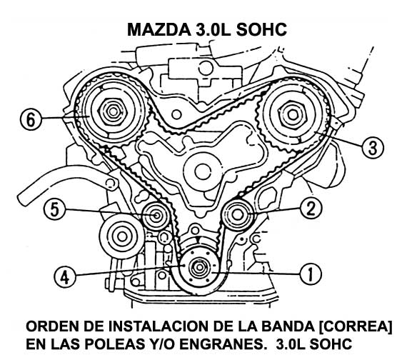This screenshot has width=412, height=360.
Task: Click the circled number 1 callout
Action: coord(311,274)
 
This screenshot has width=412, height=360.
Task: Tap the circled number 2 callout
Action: coord(311,209)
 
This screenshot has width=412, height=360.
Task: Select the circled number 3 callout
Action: coord(373,148)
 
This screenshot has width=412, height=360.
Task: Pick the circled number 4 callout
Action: coord(65,277)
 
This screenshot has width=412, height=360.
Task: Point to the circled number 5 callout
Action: coord(54,210)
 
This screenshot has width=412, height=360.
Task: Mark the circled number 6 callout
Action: coord(31,119)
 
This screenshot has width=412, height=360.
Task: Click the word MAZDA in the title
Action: coord(159,29)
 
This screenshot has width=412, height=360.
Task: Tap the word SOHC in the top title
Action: coord(261,29)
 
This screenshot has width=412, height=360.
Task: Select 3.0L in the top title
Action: coord(213,29)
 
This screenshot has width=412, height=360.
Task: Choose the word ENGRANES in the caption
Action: coord(222,344)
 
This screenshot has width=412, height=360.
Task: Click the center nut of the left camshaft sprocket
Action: coord(114,111)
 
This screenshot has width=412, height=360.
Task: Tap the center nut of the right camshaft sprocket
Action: coord(292,114)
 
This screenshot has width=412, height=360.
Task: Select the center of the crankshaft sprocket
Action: coord(199,267)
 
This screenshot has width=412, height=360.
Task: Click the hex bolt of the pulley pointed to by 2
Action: coord(237,215)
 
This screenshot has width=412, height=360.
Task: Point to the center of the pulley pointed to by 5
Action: coord(156,216)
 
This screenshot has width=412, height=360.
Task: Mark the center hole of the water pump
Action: coord(203,172)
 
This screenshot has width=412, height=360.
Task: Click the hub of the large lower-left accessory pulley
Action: coord(121,236)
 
